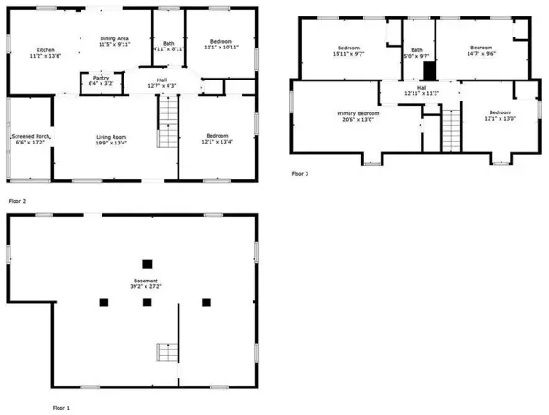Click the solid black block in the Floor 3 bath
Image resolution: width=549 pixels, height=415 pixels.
pos(426,71)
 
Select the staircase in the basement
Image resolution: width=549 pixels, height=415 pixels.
pos(165,353)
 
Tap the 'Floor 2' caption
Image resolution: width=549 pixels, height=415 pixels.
pos(17,199)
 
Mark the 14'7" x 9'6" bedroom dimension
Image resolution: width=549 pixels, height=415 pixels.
pos(481,54)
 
